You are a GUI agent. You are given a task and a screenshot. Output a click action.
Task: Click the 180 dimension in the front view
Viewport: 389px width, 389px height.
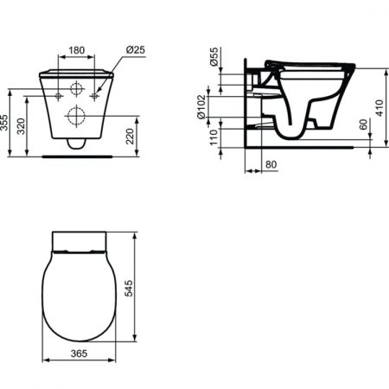78,48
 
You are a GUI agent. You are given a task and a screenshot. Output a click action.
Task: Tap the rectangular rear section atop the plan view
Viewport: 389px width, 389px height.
79,241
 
